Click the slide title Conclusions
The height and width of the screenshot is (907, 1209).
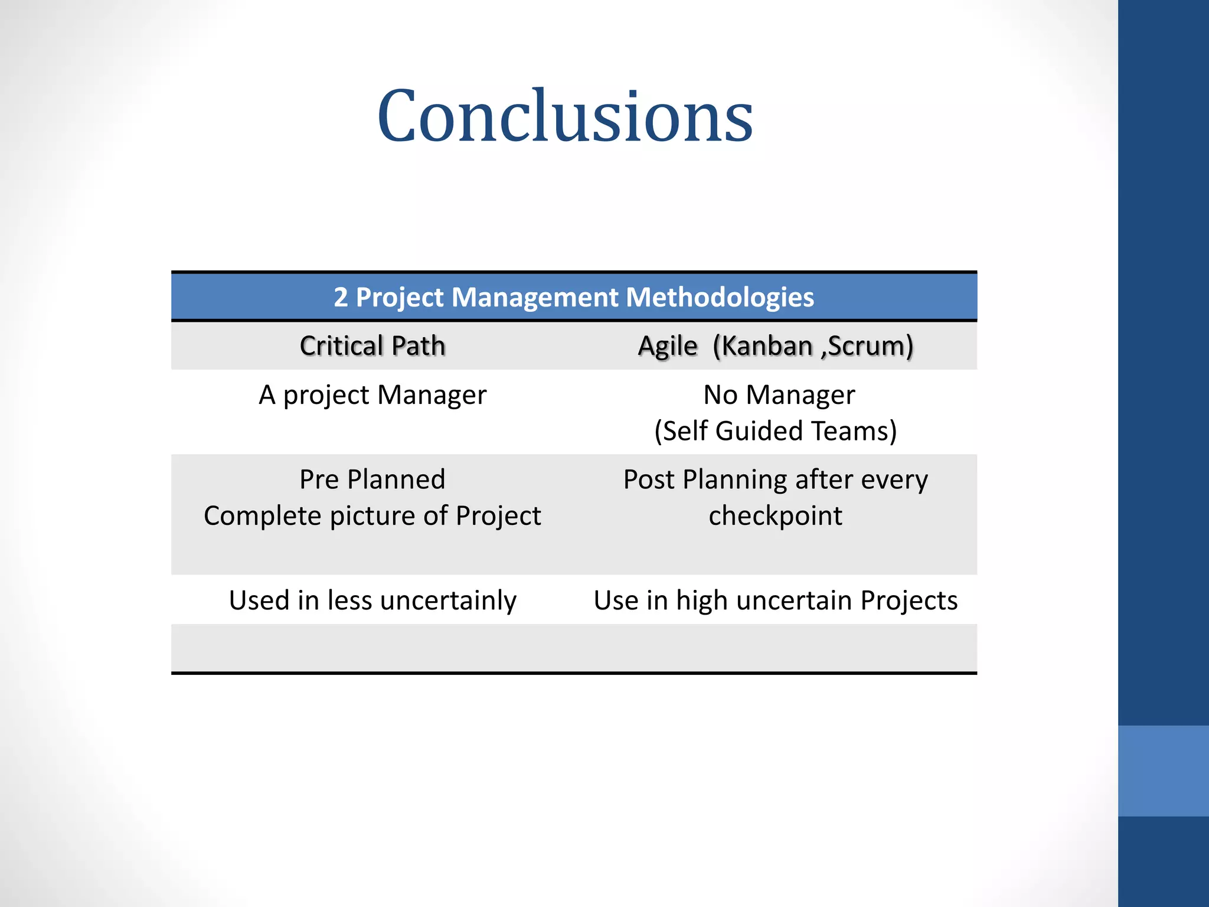coord(565,116)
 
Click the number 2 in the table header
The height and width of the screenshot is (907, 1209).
coord(341,297)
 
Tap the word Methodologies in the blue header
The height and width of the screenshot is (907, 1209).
coord(720,297)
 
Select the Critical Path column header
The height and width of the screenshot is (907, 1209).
coord(372,346)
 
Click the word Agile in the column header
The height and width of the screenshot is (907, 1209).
coord(668,346)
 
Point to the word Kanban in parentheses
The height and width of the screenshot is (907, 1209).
coord(767,346)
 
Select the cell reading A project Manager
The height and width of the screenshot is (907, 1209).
coord(372,395)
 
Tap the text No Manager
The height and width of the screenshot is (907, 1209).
coord(779,395)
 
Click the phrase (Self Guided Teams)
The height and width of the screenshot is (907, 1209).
coord(776,431)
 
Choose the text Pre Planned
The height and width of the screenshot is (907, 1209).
coord(372,479)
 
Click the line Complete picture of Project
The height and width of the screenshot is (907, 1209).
coord(372,516)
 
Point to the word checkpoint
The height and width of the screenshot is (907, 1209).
coord(776,516)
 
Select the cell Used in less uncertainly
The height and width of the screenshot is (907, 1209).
coord(372,601)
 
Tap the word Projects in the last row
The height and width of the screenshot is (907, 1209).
coord(909,601)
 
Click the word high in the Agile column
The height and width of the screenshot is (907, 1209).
coord(702,601)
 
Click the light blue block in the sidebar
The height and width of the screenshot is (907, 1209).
coord(1163,771)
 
